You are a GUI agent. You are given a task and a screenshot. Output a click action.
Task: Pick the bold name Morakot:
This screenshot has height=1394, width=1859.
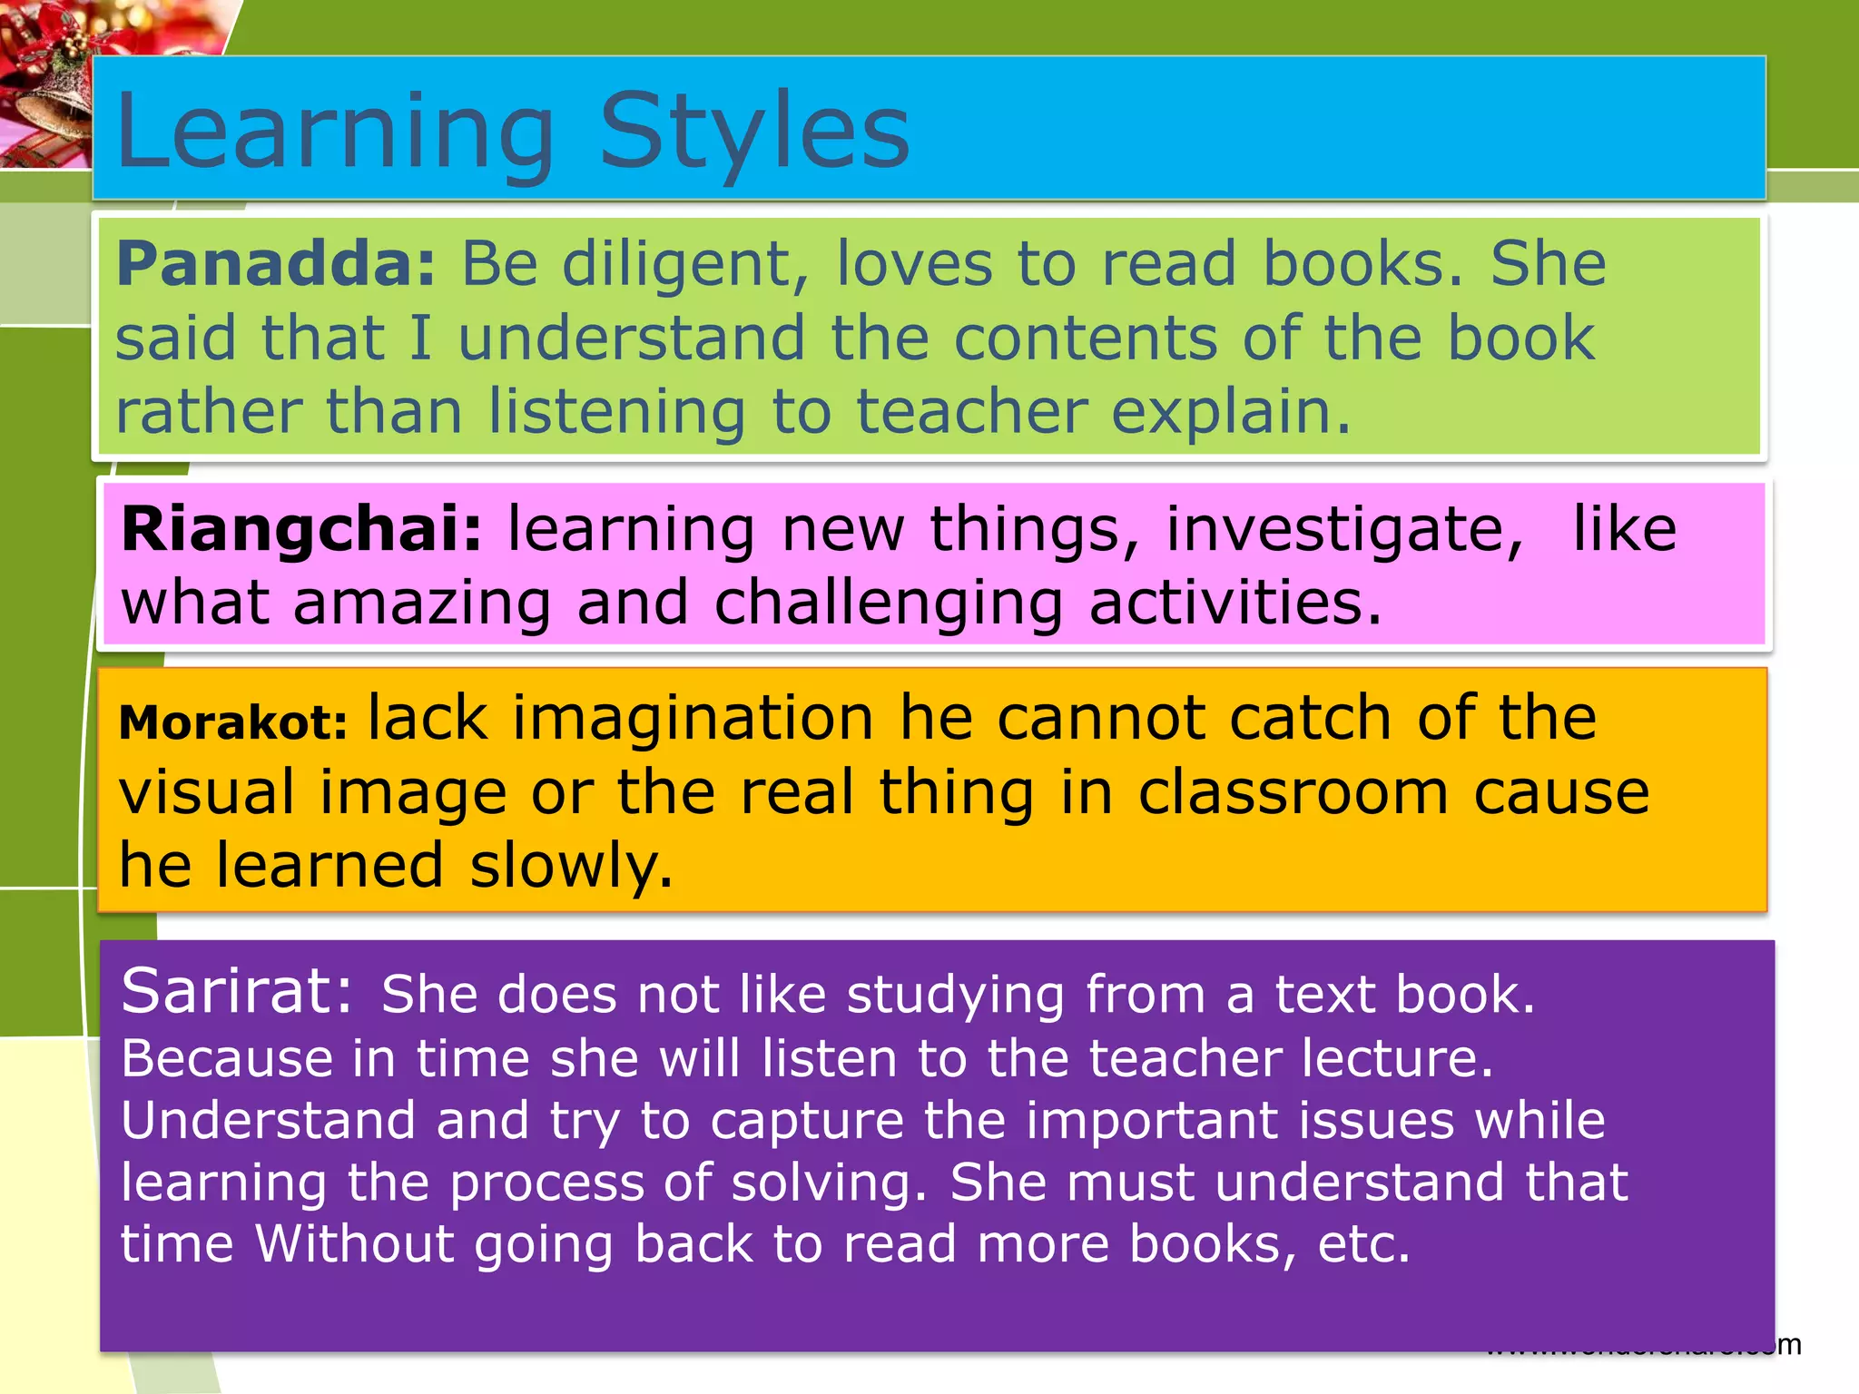233,723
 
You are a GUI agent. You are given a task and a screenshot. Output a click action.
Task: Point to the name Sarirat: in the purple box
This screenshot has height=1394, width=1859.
236,992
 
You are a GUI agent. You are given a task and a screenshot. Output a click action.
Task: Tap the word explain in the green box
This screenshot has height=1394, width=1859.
1230,413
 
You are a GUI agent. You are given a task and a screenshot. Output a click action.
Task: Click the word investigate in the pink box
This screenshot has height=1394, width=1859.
1343,531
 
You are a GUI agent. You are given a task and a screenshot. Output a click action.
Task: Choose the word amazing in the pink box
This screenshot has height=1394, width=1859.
422,604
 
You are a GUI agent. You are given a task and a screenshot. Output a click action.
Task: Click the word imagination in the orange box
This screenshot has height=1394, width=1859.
693,719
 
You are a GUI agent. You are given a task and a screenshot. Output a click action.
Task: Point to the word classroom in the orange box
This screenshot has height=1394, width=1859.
1293,793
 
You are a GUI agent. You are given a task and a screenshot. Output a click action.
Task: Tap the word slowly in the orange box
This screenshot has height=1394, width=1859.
572,867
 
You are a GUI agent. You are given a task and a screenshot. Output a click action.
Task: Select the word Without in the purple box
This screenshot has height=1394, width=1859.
354,1243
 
